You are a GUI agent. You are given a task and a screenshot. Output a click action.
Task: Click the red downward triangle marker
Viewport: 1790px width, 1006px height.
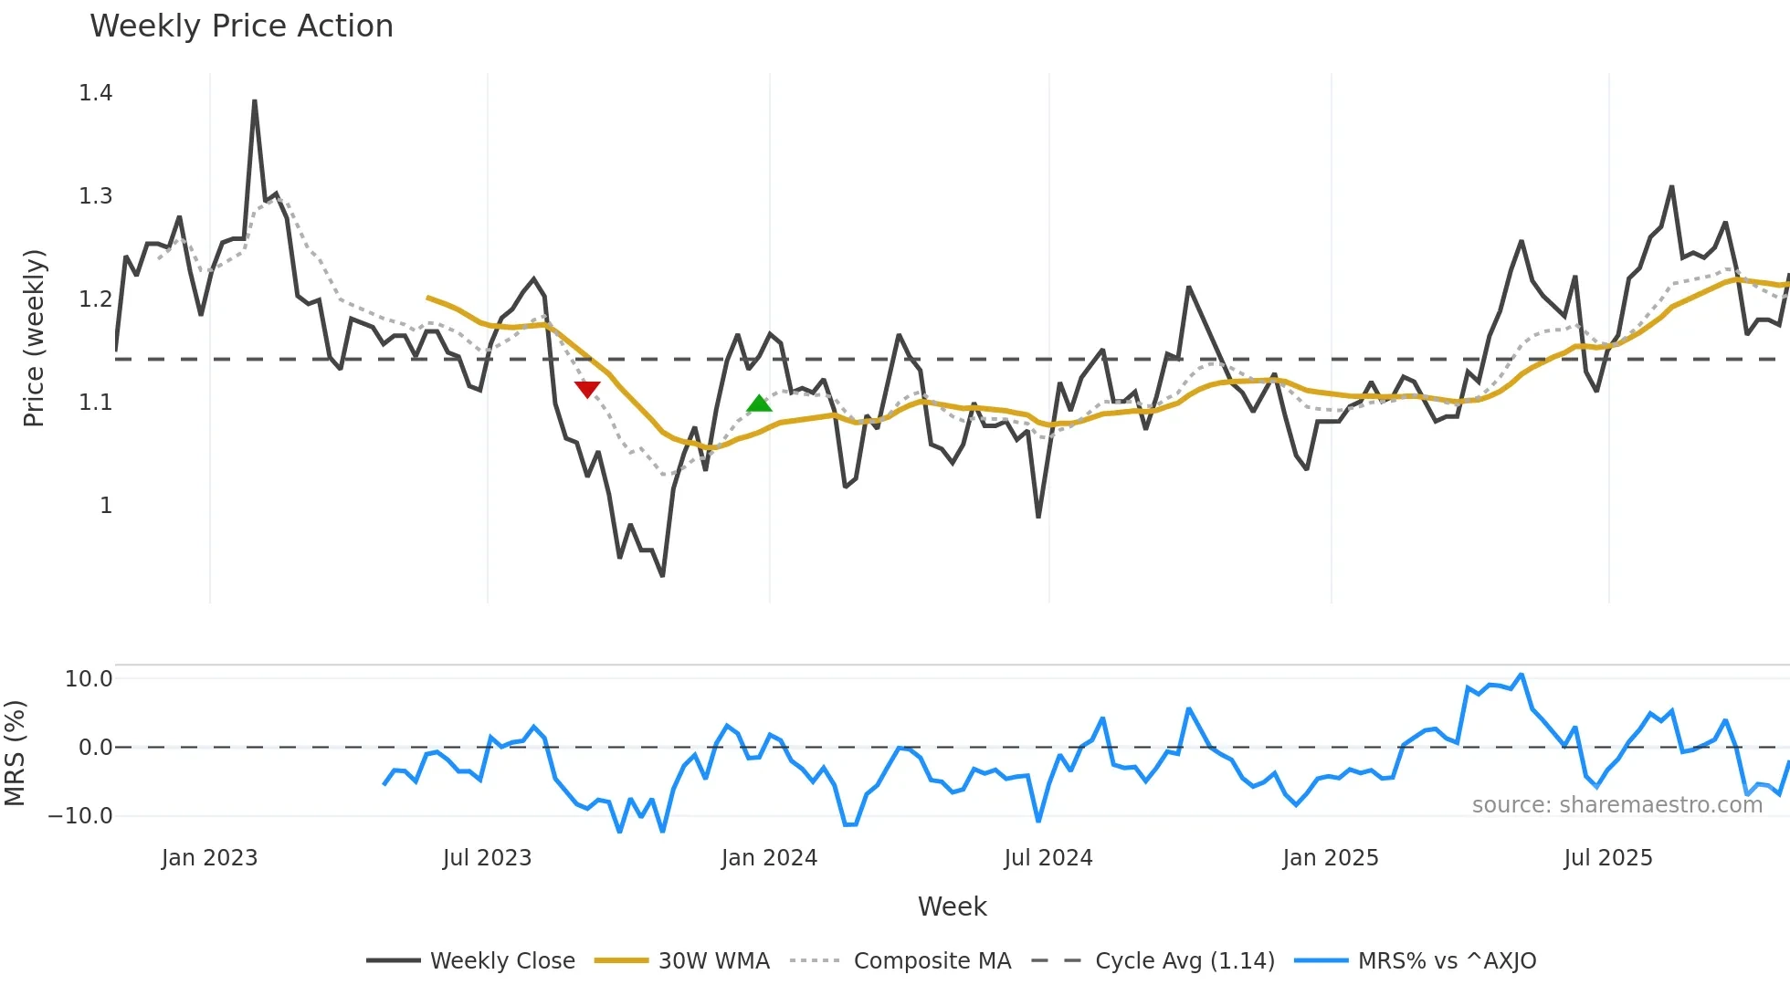click(x=587, y=389)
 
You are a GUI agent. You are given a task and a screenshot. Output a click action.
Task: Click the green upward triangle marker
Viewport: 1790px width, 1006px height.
click(x=759, y=403)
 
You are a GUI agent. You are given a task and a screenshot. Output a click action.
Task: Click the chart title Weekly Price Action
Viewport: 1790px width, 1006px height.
click(x=241, y=26)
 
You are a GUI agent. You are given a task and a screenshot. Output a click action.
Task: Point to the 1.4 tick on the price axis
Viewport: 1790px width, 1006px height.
click(x=96, y=93)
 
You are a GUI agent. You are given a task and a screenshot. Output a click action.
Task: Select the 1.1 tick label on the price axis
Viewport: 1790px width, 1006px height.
click(x=96, y=403)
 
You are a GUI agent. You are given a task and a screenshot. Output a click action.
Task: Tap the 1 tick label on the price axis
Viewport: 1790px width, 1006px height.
click(x=106, y=506)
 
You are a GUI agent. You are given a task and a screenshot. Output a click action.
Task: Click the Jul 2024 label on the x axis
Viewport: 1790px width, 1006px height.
click(x=1048, y=858)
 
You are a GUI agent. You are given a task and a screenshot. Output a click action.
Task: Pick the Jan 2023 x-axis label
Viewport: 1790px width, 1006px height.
click(x=209, y=858)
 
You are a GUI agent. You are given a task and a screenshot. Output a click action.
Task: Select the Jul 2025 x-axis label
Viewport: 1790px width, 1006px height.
click(x=1607, y=858)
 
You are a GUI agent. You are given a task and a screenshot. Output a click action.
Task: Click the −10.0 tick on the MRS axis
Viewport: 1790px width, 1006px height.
click(x=80, y=816)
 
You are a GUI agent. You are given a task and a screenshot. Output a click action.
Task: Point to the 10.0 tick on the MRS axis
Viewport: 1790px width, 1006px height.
click(x=89, y=679)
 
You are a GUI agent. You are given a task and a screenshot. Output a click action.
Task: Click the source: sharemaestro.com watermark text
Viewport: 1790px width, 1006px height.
click(x=1616, y=805)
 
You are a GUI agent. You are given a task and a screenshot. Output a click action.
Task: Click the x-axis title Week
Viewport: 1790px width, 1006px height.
click(x=952, y=906)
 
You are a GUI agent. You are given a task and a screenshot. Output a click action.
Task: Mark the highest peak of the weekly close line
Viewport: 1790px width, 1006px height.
click(x=254, y=101)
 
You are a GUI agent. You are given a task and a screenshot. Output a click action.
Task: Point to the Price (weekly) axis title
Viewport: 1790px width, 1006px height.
click(x=34, y=338)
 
